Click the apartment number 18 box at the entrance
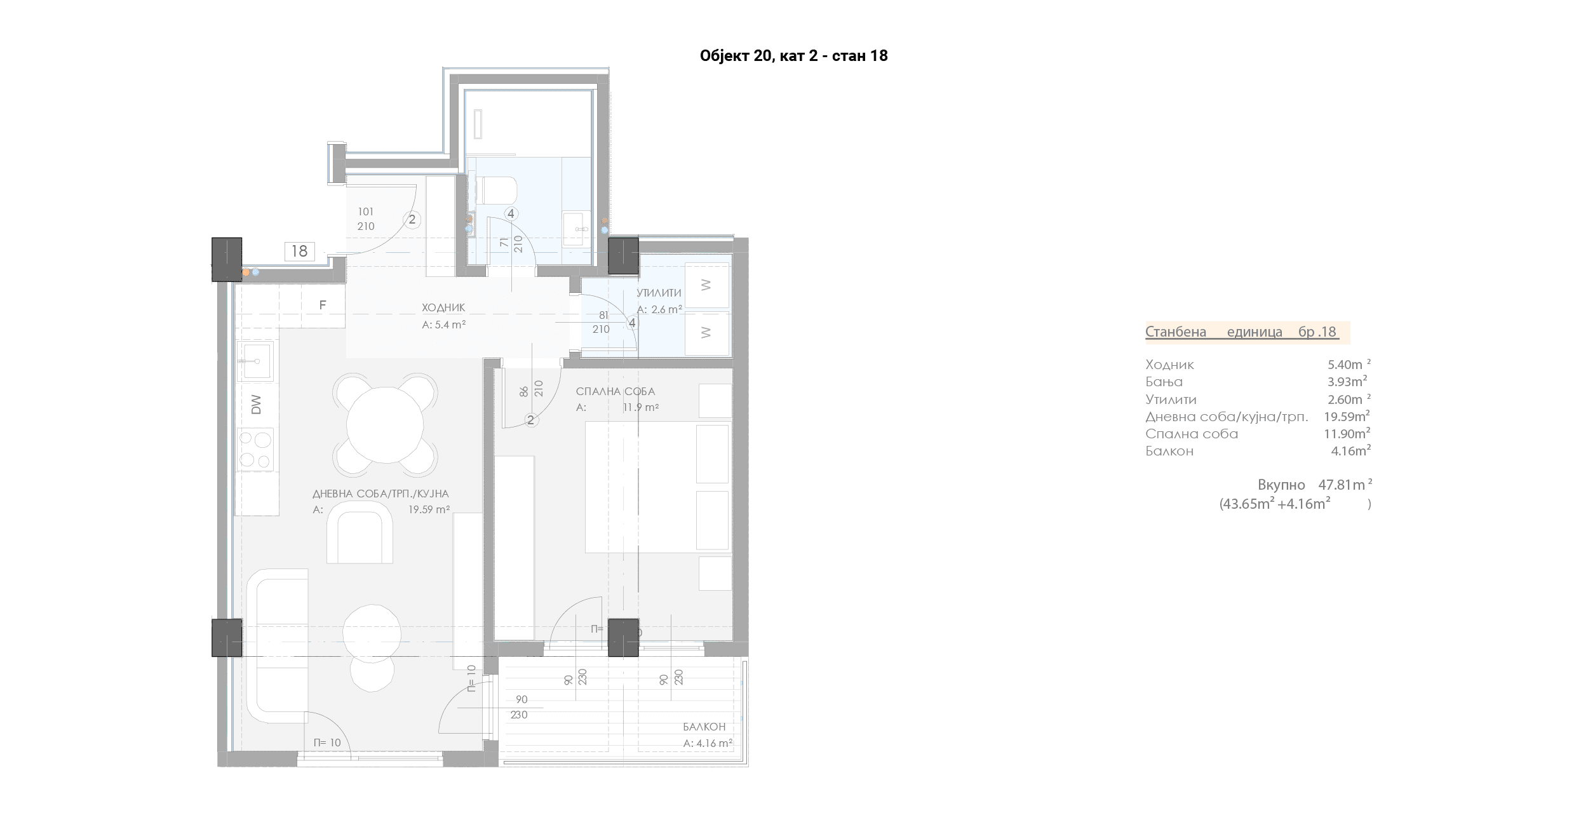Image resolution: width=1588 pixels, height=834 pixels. click(299, 252)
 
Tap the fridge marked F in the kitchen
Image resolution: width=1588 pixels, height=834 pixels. click(323, 306)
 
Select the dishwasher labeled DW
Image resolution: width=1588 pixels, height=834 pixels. click(257, 405)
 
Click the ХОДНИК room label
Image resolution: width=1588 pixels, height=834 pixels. click(443, 308)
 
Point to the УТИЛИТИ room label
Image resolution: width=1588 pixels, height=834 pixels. click(659, 293)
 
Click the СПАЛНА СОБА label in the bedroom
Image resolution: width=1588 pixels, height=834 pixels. click(615, 392)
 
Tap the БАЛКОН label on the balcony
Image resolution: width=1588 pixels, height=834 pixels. click(704, 727)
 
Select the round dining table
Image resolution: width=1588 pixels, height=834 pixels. click(385, 426)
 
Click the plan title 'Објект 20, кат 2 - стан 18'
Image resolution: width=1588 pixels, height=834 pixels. click(793, 56)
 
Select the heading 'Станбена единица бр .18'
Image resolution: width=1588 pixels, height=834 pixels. click(1242, 332)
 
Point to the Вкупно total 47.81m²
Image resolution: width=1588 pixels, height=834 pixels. click(1314, 485)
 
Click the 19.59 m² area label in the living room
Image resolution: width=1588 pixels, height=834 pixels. click(429, 509)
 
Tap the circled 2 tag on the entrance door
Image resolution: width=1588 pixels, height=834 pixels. click(412, 220)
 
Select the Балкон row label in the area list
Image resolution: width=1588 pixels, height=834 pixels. click(1169, 451)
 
